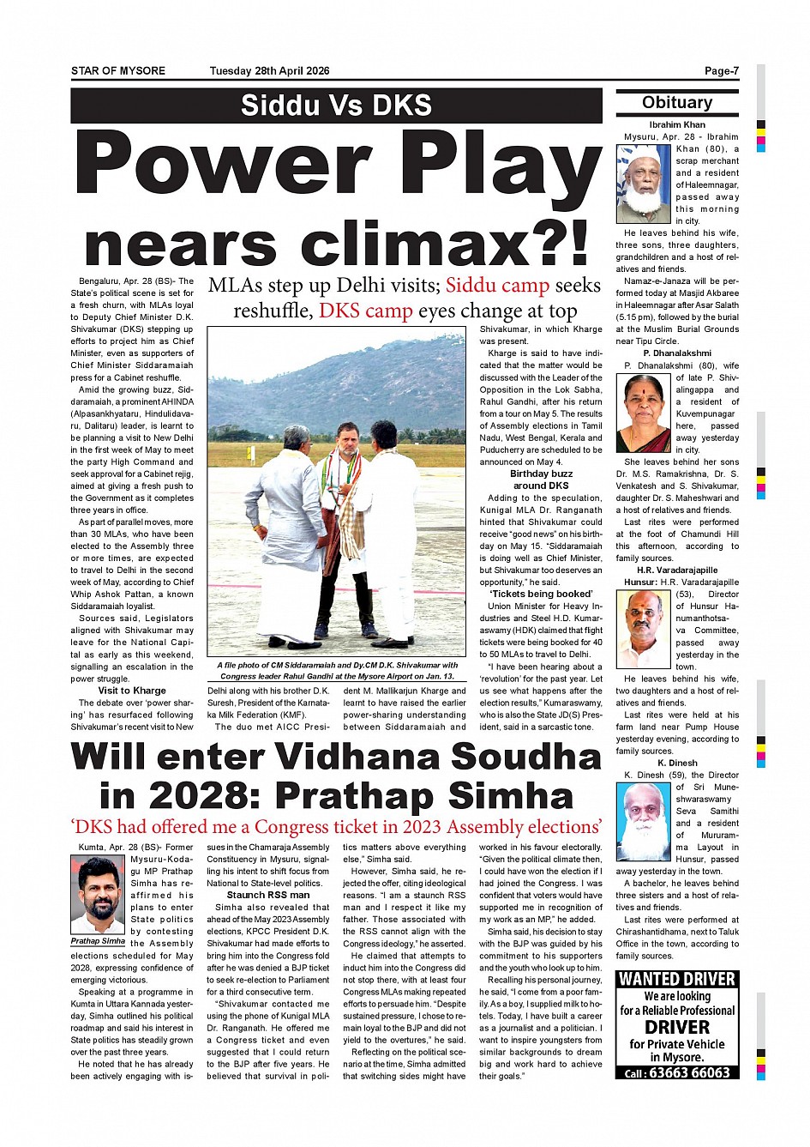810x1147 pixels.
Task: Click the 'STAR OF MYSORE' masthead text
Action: pyautogui.click(x=118, y=71)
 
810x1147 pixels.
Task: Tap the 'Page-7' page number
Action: pyautogui.click(x=721, y=71)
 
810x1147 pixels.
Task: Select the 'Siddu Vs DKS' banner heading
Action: pyautogui.click(x=336, y=106)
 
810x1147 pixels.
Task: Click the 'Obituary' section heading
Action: pyautogui.click(x=677, y=103)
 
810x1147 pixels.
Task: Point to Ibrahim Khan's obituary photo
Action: pyautogui.click(x=643, y=183)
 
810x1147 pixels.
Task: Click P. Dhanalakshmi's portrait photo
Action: pyautogui.click(x=643, y=414)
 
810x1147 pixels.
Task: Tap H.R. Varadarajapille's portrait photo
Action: pyautogui.click(x=643, y=629)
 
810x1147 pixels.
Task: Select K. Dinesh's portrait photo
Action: pyautogui.click(x=643, y=821)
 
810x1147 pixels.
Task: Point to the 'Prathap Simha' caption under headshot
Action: pyautogui.click(x=98, y=941)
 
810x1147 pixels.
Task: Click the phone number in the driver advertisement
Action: pyautogui.click(x=688, y=1072)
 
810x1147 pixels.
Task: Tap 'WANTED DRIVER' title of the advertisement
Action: pyautogui.click(x=677, y=979)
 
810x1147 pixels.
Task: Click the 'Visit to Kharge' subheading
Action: pyautogui.click(x=132, y=691)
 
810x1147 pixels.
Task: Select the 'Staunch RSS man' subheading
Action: pyautogui.click(x=268, y=895)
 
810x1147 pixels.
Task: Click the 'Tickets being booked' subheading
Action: pyautogui.click(x=541, y=594)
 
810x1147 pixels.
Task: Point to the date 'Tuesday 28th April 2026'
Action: pyautogui.click(x=269, y=71)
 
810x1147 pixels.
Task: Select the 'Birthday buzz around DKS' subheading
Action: pyautogui.click(x=541, y=480)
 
